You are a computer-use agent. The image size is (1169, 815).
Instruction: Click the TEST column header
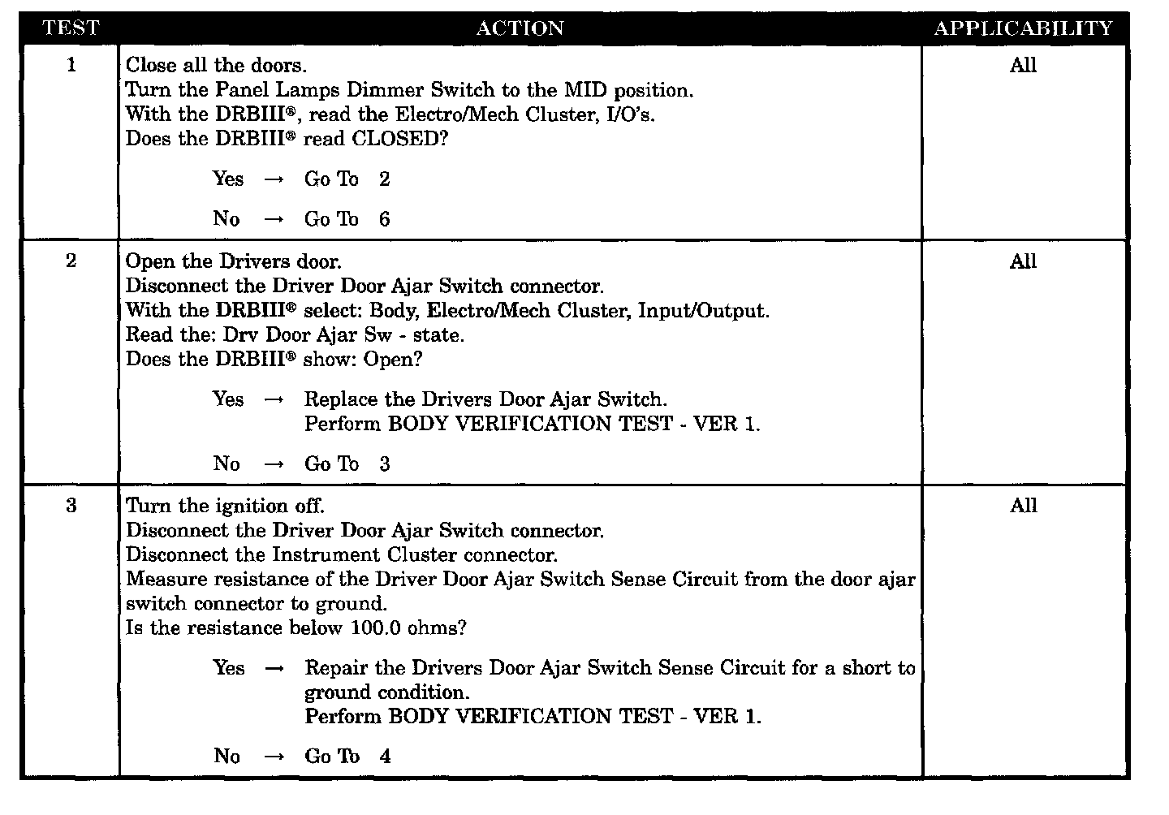(x=71, y=28)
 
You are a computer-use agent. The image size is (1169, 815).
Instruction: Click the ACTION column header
(x=520, y=28)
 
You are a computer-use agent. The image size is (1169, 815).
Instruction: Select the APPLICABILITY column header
(x=1023, y=28)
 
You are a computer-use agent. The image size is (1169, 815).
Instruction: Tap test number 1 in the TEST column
(x=71, y=65)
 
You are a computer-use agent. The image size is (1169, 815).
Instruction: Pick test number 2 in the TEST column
(x=71, y=261)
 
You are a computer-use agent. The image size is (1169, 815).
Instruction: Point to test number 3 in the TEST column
(x=71, y=506)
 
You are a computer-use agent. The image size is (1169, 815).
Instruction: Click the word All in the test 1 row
(x=1023, y=65)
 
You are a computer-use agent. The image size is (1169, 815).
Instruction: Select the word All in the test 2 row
(x=1023, y=261)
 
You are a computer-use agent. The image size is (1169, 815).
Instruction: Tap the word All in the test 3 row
(x=1023, y=506)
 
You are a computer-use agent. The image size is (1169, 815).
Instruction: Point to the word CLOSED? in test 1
(x=399, y=138)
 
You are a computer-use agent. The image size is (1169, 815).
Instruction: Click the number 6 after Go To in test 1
(x=384, y=219)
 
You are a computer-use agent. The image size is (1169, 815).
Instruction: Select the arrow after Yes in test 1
(x=274, y=179)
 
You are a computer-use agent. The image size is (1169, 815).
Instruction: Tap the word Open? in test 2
(x=393, y=359)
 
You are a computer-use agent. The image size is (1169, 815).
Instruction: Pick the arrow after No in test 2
(x=274, y=464)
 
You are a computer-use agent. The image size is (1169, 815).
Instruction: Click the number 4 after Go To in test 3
(x=385, y=757)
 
